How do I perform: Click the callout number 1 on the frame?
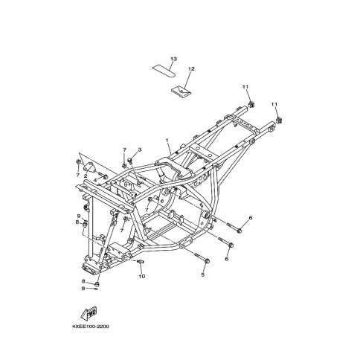(x=167, y=141)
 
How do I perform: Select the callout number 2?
(x=86, y=176)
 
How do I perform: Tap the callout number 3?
(x=140, y=150)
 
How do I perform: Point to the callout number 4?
(x=95, y=180)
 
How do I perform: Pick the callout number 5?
(x=203, y=274)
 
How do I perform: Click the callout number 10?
(x=142, y=276)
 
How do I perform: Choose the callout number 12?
(x=191, y=69)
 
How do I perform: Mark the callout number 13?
(x=174, y=59)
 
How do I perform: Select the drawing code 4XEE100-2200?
(x=91, y=327)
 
